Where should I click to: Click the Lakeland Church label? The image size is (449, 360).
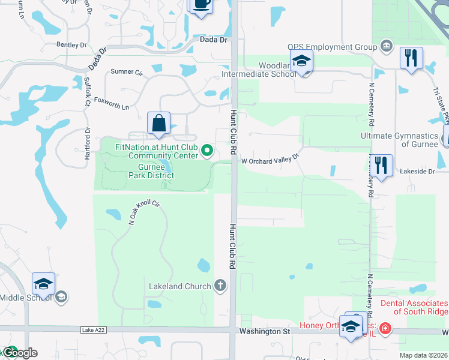180,286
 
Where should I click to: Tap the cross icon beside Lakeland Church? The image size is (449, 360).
220,285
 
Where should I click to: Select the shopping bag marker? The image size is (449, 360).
158,124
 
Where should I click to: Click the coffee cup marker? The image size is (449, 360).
201,5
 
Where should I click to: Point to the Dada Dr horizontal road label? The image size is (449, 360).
214,40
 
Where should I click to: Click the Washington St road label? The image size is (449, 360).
264,331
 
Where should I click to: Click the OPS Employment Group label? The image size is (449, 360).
331,47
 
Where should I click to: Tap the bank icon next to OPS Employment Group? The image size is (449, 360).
385,47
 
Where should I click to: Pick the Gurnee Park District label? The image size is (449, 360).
147,170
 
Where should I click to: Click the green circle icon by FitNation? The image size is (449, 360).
207,151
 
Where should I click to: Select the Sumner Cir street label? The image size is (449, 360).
125,72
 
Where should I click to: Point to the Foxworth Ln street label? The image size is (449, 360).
112,107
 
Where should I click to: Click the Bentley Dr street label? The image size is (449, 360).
71,44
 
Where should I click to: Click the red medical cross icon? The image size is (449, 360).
384,329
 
